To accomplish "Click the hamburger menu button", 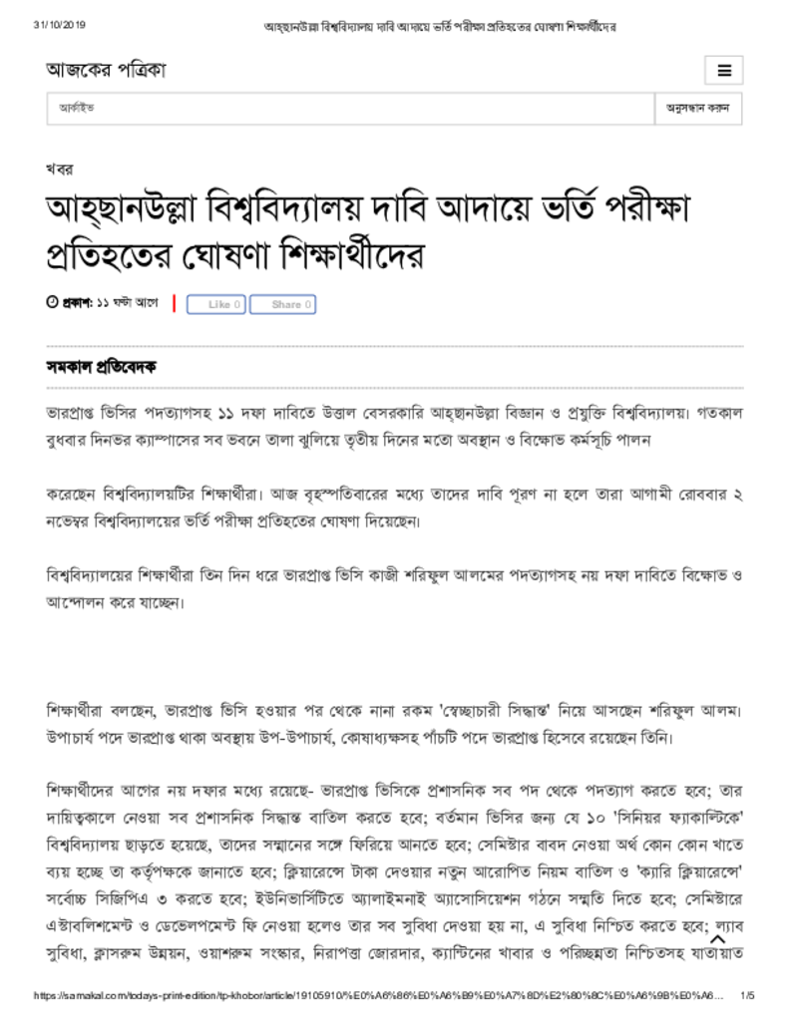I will pyautogui.click(x=724, y=71).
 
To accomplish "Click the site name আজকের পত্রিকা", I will pyautogui.click(x=105, y=70).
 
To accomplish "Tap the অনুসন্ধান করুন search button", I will pyautogui.click(x=697, y=108).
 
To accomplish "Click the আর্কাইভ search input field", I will pyautogui.click(x=349, y=108).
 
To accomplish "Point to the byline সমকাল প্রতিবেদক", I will pyautogui.click(x=101, y=367).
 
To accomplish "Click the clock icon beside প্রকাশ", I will pyautogui.click(x=52, y=302).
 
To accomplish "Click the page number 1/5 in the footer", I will pyautogui.click(x=747, y=995).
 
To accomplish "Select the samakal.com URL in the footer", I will pyautogui.click(x=379, y=995).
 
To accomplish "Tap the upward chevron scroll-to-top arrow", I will pyautogui.click(x=717, y=938).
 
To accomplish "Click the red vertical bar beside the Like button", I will pyautogui.click(x=175, y=303).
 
